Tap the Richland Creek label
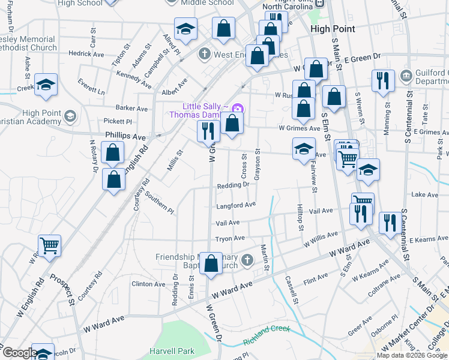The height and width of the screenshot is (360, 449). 267,335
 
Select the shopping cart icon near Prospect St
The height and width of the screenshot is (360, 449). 49,245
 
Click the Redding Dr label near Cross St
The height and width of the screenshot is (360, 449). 233,185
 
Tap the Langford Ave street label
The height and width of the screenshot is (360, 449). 236,205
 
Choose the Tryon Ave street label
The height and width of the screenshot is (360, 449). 230,238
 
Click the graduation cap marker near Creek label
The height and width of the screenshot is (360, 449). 46,85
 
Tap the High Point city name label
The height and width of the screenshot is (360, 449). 333,29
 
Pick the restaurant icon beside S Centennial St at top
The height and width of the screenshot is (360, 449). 382,80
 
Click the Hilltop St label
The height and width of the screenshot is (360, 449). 301,219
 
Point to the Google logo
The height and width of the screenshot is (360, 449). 19,353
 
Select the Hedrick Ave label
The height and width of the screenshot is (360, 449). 86,53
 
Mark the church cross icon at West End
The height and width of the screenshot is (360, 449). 204,54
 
